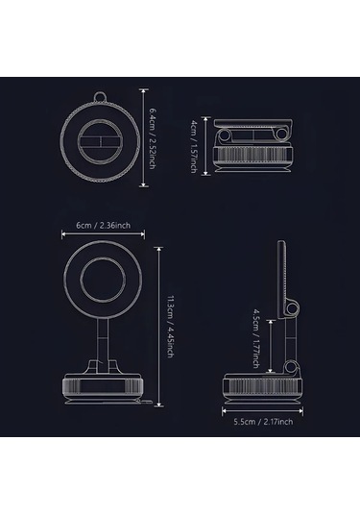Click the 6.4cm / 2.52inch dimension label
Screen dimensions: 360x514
[152, 138]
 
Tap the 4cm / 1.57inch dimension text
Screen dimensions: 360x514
[194, 146]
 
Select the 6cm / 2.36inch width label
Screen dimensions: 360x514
[103, 225]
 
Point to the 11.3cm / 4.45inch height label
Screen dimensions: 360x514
[170, 327]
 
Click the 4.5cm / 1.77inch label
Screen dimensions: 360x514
[255, 338]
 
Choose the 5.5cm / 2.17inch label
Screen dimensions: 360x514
[263, 422]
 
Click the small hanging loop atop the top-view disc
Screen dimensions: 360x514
[101, 97]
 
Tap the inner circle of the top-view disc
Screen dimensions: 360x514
[100, 141]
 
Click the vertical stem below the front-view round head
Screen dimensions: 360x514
[103, 345]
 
